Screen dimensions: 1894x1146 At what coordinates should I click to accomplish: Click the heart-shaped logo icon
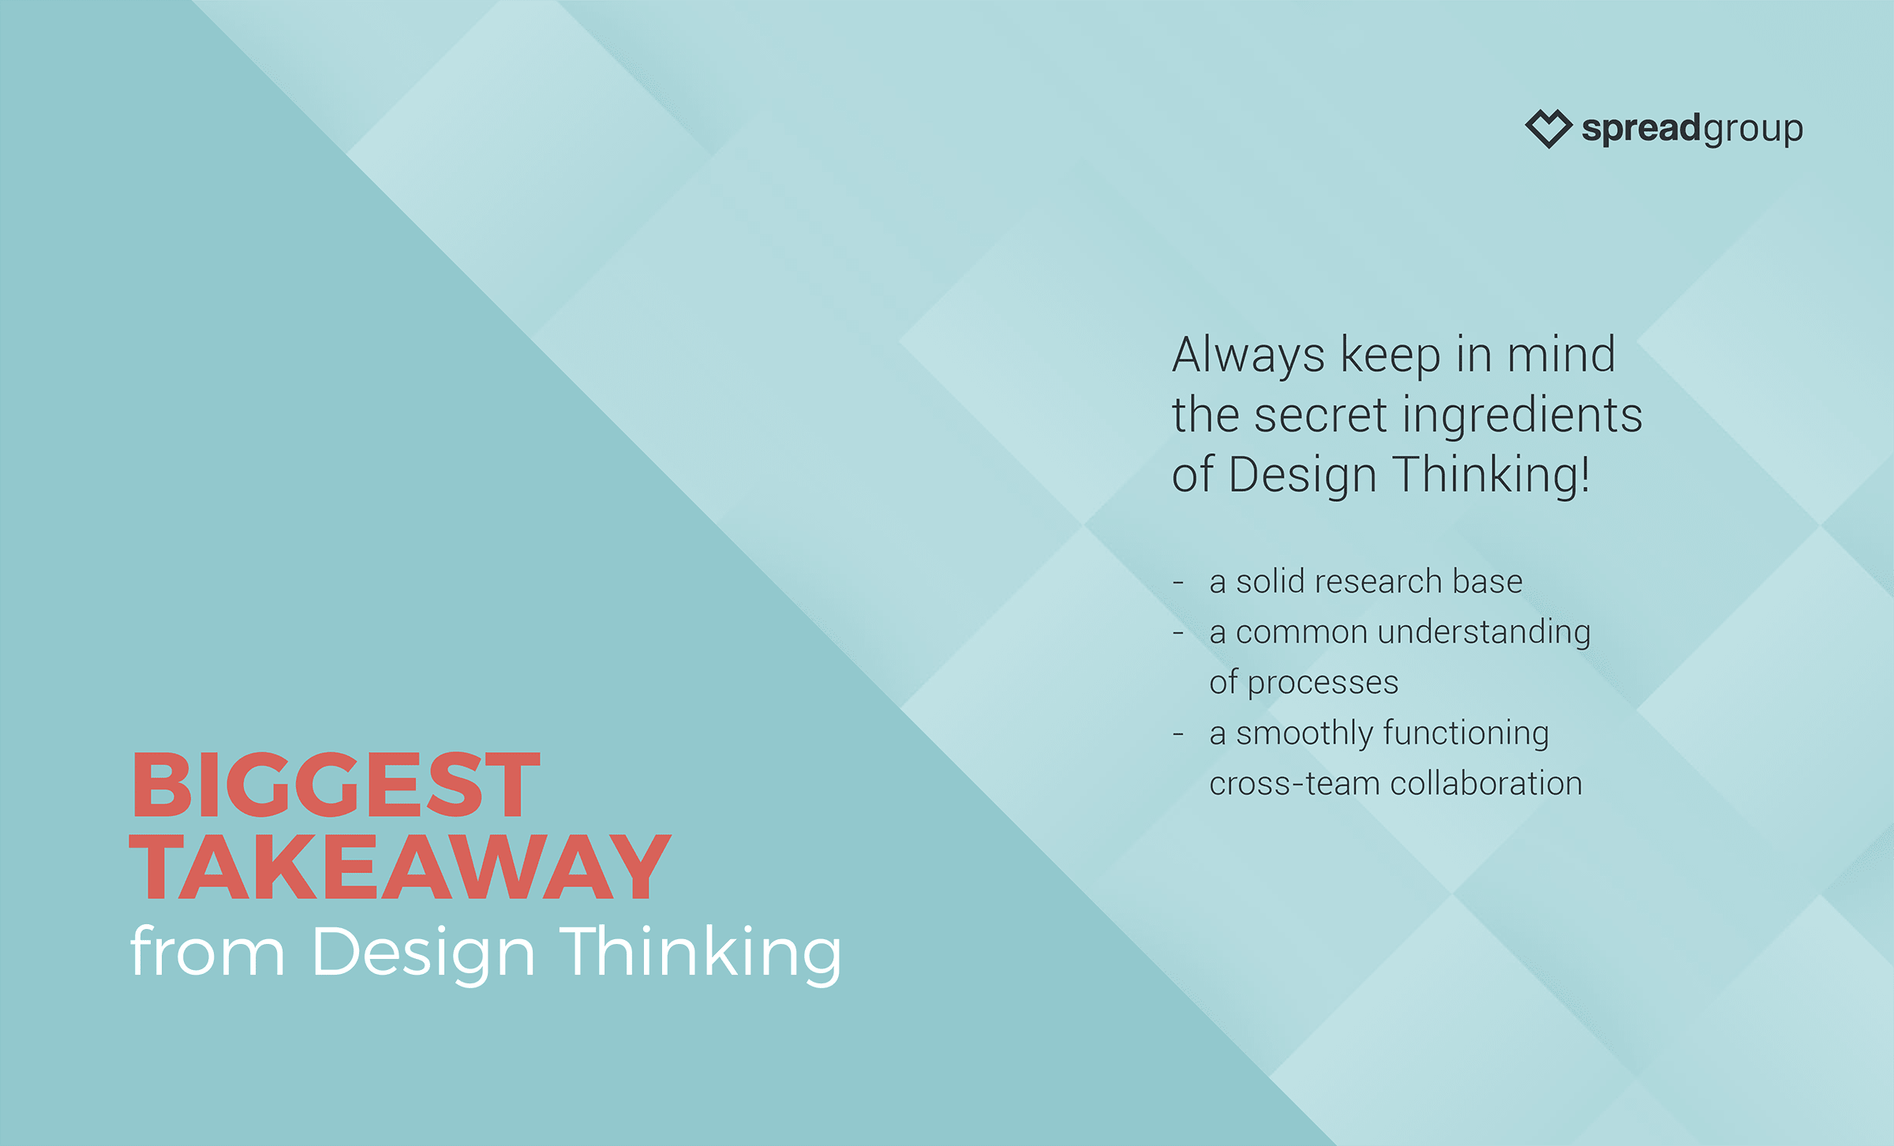[x=1548, y=129]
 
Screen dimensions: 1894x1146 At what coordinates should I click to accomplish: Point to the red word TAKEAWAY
[x=400, y=867]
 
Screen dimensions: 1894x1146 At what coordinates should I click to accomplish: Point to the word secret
[x=1320, y=415]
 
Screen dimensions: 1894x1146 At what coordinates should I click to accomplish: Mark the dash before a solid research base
[x=1178, y=583]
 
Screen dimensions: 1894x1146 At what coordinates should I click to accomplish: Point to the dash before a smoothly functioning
[x=1178, y=735]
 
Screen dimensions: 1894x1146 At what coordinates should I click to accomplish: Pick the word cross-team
[x=1294, y=785]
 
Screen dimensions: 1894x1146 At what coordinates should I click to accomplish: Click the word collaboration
[x=1486, y=783]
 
